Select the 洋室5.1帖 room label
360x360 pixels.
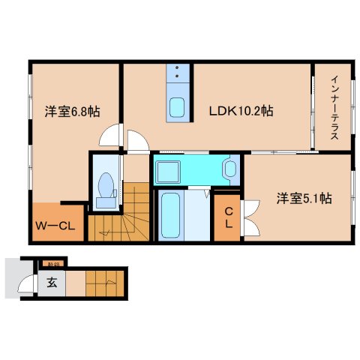pyautogui.click(x=304, y=199)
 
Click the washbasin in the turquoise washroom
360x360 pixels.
pyautogui.click(x=229, y=169)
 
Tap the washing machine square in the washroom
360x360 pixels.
pyautogui.click(x=166, y=170)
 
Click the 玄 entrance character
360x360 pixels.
pyautogui.click(x=52, y=283)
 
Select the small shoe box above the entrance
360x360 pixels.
pyautogui.click(x=53, y=262)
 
